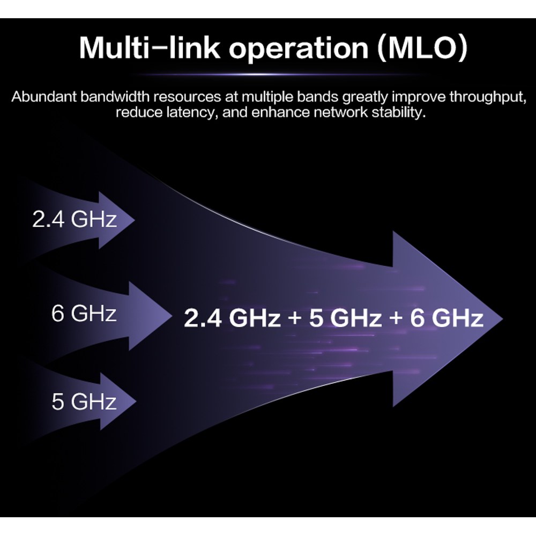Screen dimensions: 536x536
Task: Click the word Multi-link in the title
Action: pyautogui.click(x=150, y=48)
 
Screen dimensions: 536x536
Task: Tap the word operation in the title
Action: pyautogui.click(x=299, y=50)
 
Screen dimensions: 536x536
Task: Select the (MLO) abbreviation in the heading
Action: pyautogui.click(x=422, y=48)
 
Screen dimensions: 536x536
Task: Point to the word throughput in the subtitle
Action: pyautogui.click(x=487, y=98)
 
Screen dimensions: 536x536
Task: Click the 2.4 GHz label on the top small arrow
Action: pyautogui.click(x=75, y=219)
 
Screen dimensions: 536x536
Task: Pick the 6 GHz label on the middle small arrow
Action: pyautogui.click(x=84, y=313)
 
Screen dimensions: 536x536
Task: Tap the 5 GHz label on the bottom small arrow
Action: pyautogui.click(x=84, y=401)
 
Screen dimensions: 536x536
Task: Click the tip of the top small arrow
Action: pyautogui.click(x=135, y=220)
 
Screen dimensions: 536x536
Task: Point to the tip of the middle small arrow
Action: pyautogui.click(x=172, y=317)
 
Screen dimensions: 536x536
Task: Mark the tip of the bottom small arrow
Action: pyautogui.click(x=136, y=401)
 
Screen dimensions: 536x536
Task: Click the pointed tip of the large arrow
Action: pyautogui.click(x=503, y=319)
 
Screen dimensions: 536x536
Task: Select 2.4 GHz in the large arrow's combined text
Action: pyautogui.click(x=232, y=318)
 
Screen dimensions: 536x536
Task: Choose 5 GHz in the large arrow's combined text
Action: pyautogui.click(x=345, y=318)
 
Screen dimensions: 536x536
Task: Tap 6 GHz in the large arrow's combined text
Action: pyautogui.click(x=446, y=318)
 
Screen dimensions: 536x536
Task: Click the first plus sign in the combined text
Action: pyautogui.click(x=294, y=318)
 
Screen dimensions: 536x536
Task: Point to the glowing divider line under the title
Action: pyautogui.click(x=273, y=74)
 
